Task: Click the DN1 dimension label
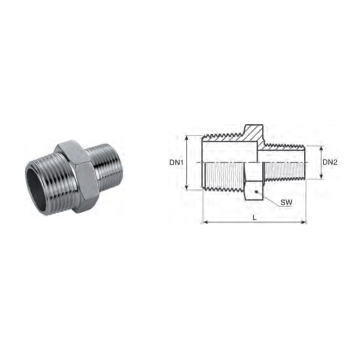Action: click(177, 163)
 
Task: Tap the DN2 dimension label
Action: click(330, 162)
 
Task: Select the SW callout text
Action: click(286, 202)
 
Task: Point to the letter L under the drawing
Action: click(254, 218)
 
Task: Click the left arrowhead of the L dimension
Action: click(205, 222)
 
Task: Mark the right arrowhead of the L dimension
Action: click(304, 222)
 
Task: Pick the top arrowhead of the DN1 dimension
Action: click(187, 138)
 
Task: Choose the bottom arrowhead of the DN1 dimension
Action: click(187, 187)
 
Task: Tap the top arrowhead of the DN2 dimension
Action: click(321, 149)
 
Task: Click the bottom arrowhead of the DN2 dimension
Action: click(321, 176)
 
